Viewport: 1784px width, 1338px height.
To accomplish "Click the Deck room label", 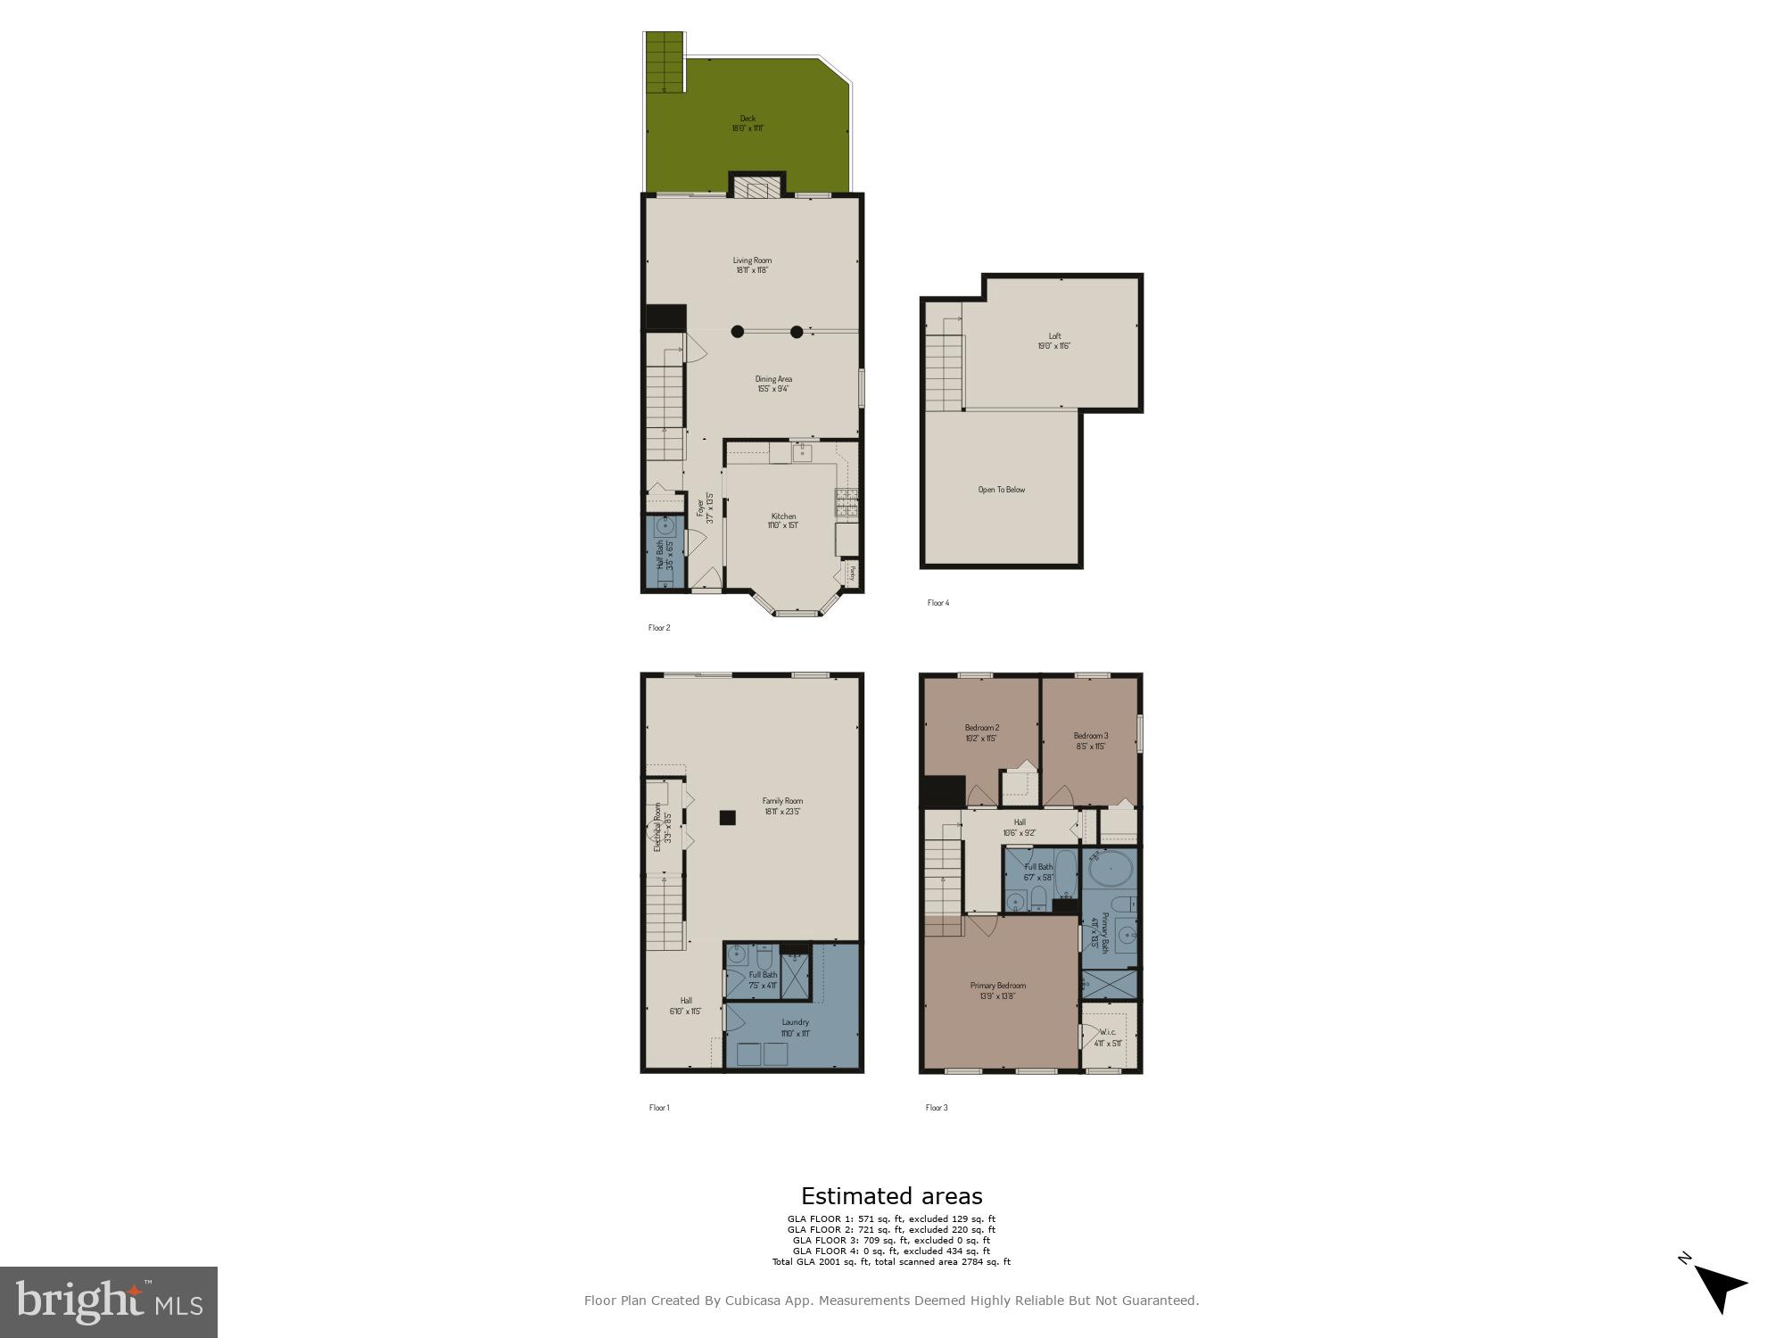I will pyautogui.click(x=747, y=123).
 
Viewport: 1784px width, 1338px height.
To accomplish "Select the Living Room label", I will pyautogui.click(x=752, y=265).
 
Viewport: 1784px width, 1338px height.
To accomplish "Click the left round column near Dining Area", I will pyautogui.click(x=738, y=332).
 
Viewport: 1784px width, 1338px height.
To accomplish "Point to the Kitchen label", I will pyautogui.click(x=783, y=521).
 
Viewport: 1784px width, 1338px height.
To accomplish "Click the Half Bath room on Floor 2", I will pyautogui.click(x=665, y=553).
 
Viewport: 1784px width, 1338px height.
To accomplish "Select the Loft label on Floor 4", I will pyautogui.click(x=1053, y=341).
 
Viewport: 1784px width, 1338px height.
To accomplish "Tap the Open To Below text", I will pyautogui.click(x=1002, y=490).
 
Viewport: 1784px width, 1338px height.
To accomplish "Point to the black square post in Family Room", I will pyautogui.click(x=728, y=817).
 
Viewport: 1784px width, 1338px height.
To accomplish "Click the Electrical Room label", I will pyautogui.click(x=662, y=826).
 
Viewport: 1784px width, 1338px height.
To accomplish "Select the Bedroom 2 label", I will pyautogui.click(x=981, y=732).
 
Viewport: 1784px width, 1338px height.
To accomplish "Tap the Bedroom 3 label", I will pyautogui.click(x=1091, y=740).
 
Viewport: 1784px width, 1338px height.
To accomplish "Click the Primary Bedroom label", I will pyautogui.click(x=997, y=990).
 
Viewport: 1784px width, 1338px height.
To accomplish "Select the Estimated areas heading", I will pyautogui.click(x=891, y=1196).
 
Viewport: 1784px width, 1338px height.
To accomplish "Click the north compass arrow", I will pyautogui.click(x=1722, y=1288).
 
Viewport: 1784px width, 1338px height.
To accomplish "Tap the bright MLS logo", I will pyautogui.click(x=109, y=1302).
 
